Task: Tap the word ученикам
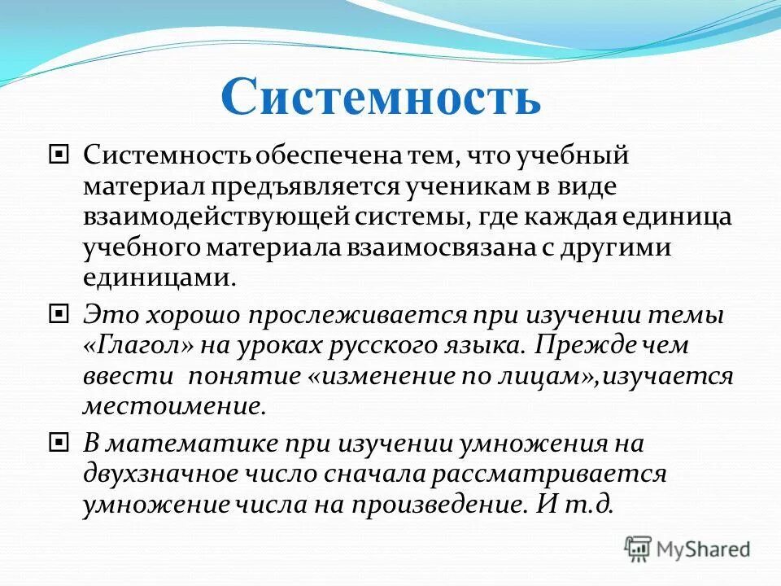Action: click(x=473, y=186)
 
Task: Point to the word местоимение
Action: click(x=173, y=406)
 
